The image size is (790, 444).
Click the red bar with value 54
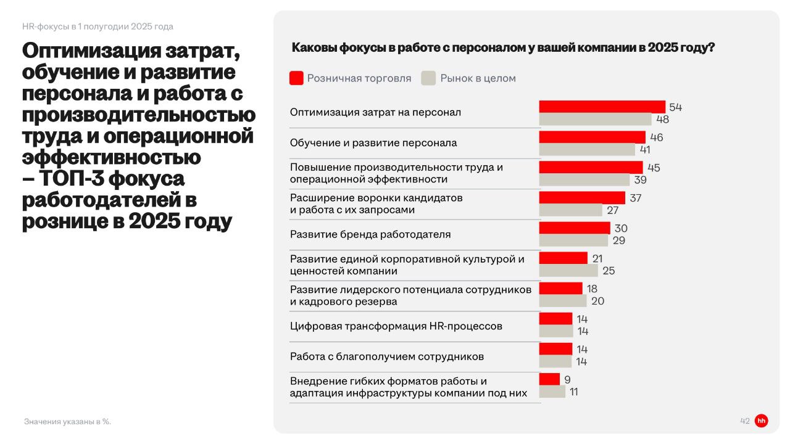(602, 107)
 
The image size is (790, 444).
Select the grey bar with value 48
(595, 120)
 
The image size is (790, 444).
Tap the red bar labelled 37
(582, 197)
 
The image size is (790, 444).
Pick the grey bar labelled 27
(570, 210)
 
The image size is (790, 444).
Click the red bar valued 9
(549, 379)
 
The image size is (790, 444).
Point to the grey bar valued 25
(568, 271)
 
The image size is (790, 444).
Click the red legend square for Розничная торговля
(296, 78)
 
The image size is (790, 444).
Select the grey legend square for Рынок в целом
(428, 78)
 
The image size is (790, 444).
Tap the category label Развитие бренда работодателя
(370, 234)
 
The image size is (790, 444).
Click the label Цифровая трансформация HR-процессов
(396, 326)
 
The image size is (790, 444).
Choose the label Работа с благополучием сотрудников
(386, 356)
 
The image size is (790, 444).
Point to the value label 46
(656, 137)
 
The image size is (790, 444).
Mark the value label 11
(573, 392)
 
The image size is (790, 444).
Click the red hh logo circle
(761, 421)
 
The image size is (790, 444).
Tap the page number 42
(744, 421)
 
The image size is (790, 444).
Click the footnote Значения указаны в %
(67, 422)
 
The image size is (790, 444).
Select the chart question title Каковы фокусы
(502, 48)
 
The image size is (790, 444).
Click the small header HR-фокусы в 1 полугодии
(98, 27)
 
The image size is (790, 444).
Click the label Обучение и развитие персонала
(373, 143)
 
